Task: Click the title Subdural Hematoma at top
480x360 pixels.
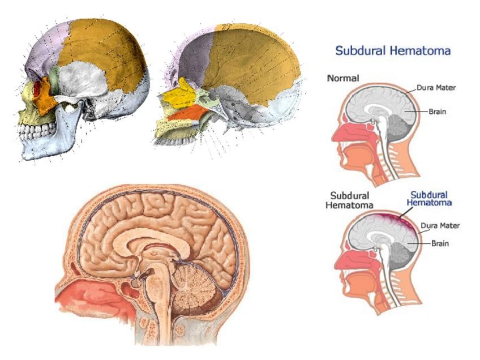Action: click(x=393, y=51)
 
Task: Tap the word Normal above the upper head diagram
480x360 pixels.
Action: click(x=343, y=79)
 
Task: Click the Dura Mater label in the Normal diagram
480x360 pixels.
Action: click(x=436, y=88)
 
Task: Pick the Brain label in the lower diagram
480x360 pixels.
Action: click(x=441, y=243)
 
